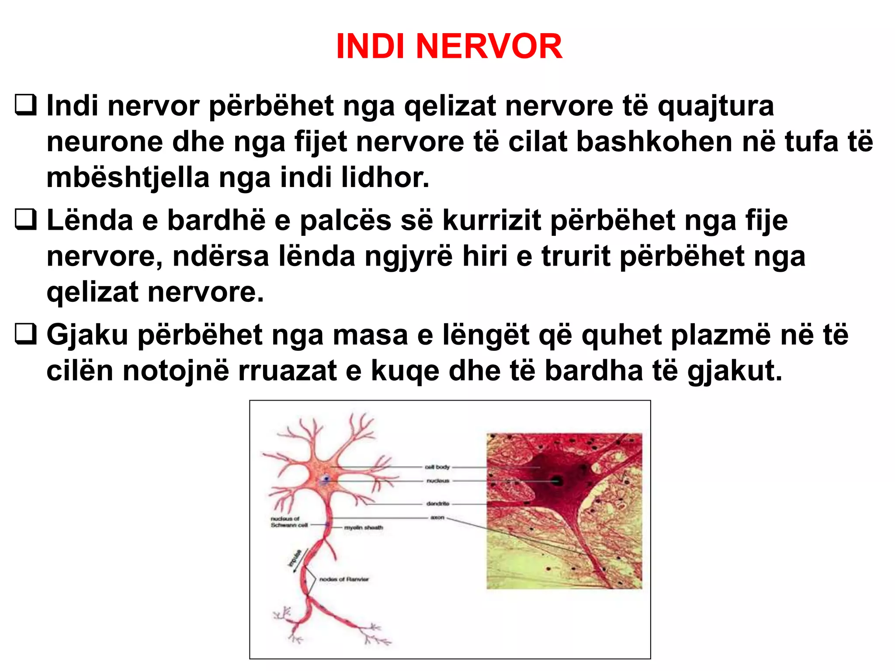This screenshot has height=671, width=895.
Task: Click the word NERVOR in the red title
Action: coord(489,46)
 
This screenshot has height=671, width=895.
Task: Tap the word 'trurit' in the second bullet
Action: coord(576,256)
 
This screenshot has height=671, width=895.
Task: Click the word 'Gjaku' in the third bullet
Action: coord(87,335)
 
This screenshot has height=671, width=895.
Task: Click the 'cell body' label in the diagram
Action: coord(437,467)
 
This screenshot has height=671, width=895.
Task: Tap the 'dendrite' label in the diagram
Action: coord(437,504)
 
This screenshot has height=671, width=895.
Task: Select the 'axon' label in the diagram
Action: coord(437,518)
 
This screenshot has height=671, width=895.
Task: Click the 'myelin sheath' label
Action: coord(363,528)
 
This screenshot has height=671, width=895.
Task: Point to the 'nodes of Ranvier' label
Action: coord(344,579)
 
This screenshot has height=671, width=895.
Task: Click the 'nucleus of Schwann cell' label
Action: coord(289,522)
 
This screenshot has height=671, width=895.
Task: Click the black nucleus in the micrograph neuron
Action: coord(557,481)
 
